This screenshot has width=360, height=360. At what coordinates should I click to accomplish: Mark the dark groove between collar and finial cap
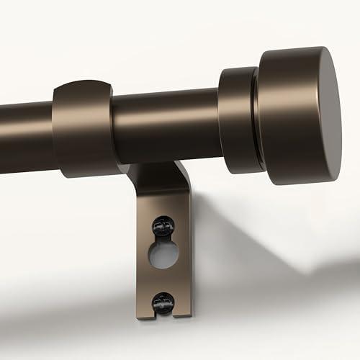(x=255, y=119)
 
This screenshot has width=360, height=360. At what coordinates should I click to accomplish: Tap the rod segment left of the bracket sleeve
(x=25, y=137)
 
